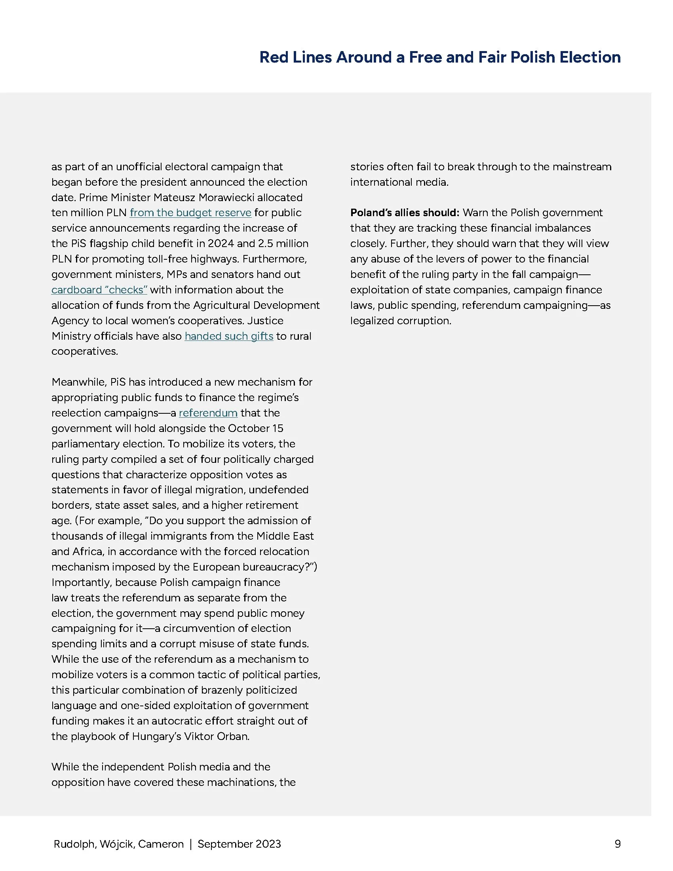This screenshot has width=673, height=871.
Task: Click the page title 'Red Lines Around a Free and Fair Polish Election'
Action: tap(440, 57)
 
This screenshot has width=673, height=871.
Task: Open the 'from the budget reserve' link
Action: tap(190, 213)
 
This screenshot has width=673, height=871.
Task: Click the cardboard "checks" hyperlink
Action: tap(99, 289)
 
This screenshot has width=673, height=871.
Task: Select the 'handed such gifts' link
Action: tap(229, 336)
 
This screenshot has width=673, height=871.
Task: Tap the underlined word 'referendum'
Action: tap(208, 413)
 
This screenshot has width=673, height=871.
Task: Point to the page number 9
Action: tap(618, 844)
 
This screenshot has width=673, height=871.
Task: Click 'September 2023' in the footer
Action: tap(239, 844)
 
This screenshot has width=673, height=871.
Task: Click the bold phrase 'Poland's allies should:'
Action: tap(405, 213)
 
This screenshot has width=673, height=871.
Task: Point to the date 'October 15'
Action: tap(255, 428)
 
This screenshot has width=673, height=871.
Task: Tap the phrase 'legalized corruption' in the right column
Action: tap(400, 321)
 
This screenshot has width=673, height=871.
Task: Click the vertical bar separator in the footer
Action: tap(190, 844)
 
